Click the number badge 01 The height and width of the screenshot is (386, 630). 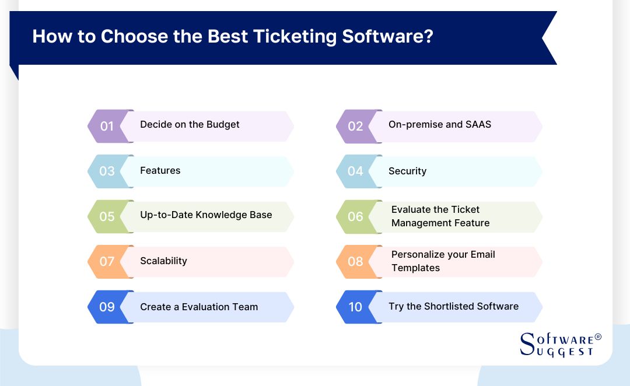click(107, 126)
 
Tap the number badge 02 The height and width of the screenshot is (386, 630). click(355, 127)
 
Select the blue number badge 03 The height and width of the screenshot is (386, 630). click(107, 171)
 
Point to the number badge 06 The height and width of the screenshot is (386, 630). click(355, 216)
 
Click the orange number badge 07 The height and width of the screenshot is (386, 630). click(107, 261)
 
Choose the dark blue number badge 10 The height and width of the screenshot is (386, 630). click(355, 307)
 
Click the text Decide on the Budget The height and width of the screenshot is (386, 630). click(190, 124)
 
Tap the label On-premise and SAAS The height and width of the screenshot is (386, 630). click(440, 124)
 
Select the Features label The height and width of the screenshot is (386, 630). click(160, 170)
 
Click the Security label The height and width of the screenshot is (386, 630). click(407, 171)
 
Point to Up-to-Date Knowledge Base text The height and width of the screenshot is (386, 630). click(206, 215)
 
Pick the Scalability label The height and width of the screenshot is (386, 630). click(163, 261)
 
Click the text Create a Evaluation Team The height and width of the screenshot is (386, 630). click(199, 307)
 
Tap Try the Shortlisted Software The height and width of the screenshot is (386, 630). click(453, 306)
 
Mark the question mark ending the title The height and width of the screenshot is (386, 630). click(428, 36)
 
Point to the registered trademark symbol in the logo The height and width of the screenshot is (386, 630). click(597, 337)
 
